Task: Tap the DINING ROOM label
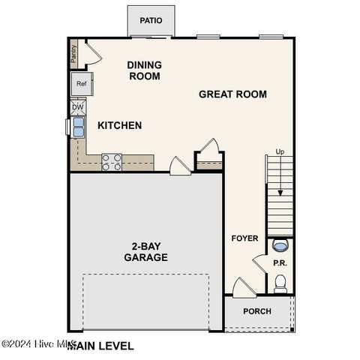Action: (145, 70)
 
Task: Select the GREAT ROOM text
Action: (232, 94)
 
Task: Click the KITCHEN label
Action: (119, 125)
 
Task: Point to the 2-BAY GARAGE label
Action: (145, 251)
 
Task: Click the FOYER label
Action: (244, 238)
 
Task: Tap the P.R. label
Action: (280, 263)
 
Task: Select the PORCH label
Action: (257, 311)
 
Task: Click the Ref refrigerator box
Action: (82, 84)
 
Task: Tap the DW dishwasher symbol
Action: (78, 107)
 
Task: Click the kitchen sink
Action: (77, 127)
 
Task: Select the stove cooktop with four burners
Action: (112, 162)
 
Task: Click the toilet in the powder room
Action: (280, 283)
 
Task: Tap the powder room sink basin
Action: (280, 245)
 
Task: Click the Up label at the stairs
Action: (280, 151)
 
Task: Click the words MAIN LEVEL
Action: (101, 346)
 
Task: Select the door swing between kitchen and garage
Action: (180, 166)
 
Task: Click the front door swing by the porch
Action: (241, 288)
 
